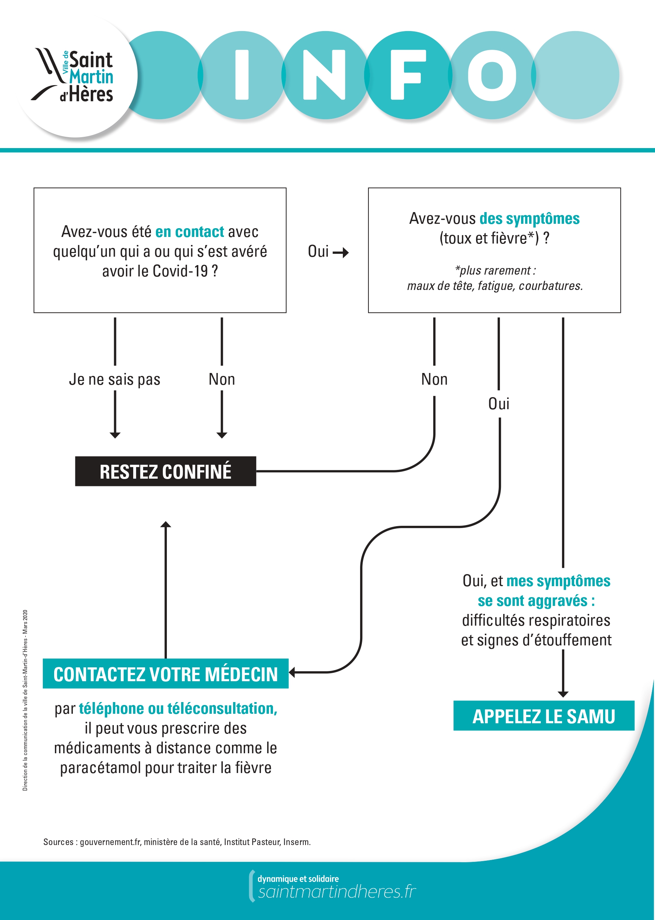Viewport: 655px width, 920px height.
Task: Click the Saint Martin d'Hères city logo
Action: coord(75,75)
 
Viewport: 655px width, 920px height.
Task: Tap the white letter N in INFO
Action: coord(324,75)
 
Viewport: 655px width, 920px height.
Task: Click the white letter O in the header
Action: coord(492,75)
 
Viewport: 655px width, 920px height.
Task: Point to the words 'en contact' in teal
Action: coord(189,232)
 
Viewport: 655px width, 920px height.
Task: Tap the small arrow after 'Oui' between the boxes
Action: coord(341,253)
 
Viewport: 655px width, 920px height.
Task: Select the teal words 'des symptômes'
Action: coord(529,219)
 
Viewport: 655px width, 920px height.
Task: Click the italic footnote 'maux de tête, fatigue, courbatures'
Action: coord(494,286)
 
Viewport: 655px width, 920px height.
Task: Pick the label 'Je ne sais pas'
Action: coord(115,380)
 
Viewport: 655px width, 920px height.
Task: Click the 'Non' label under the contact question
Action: coord(221,380)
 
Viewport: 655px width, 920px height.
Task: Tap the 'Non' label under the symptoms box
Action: coord(434,380)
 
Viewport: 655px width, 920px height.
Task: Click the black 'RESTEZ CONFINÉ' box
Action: coord(165,471)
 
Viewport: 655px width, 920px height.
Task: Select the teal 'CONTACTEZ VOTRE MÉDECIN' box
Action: coord(165,674)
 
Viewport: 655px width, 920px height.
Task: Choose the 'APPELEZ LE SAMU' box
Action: coord(543,716)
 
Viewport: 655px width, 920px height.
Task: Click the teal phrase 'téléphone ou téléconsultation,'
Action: coord(178,708)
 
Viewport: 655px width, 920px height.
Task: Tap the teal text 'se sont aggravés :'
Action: coord(536,601)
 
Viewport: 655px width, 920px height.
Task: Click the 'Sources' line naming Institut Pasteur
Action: coord(177,842)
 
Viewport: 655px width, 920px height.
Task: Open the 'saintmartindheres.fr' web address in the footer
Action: coord(337,892)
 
